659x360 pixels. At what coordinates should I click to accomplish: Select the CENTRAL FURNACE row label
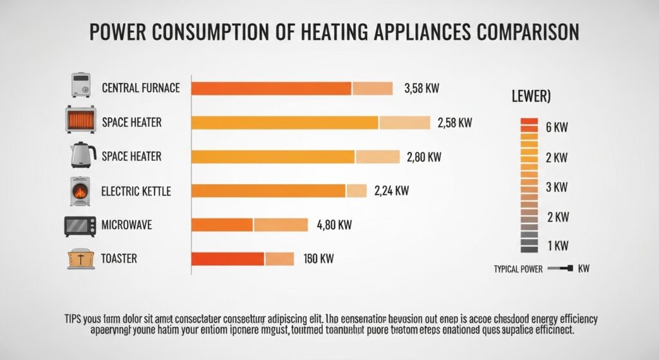[141, 88]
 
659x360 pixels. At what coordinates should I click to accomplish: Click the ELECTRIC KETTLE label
[136, 191]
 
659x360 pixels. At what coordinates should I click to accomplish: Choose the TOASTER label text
[119, 259]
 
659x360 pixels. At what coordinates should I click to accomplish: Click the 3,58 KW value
[422, 88]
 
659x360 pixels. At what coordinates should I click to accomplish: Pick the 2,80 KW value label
[424, 156]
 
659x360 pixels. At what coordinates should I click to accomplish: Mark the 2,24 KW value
[392, 191]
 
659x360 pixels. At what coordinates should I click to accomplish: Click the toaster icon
[80, 259]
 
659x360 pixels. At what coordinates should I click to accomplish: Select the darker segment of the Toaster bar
[228, 259]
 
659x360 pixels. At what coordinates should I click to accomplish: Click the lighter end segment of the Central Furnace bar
[372, 88]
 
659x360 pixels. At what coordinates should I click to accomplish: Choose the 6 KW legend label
[556, 127]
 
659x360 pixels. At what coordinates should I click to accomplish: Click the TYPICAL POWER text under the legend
[518, 268]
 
